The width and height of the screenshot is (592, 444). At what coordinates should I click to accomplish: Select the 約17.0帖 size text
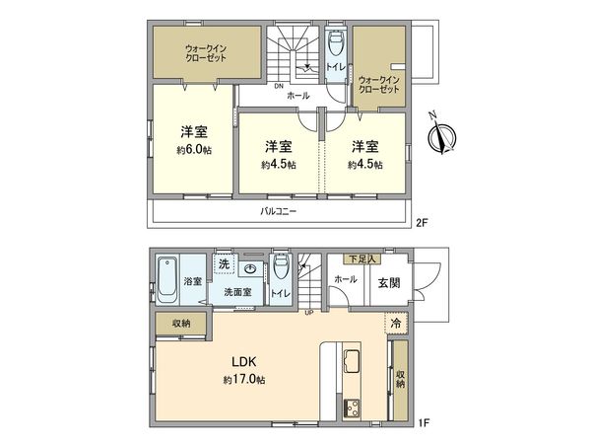click(x=243, y=379)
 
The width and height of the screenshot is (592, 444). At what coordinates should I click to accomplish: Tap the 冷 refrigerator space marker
click(x=395, y=322)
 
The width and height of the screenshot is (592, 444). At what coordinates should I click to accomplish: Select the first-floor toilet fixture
click(x=280, y=267)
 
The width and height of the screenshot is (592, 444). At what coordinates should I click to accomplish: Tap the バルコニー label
click(x=279, y=211)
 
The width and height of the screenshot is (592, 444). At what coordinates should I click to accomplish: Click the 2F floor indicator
click(x=421, y=223)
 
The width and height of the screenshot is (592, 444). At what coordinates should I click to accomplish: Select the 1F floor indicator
click(x=421, y=423)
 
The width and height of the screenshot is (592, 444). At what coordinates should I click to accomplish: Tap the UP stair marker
click(x=309, y=313)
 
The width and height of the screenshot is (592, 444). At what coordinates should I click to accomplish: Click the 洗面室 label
click(x=237, y=292)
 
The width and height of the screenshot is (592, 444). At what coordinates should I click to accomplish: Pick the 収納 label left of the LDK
click(x=179, y=324)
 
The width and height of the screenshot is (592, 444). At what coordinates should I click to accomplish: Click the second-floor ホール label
click(x=298, y=97)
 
